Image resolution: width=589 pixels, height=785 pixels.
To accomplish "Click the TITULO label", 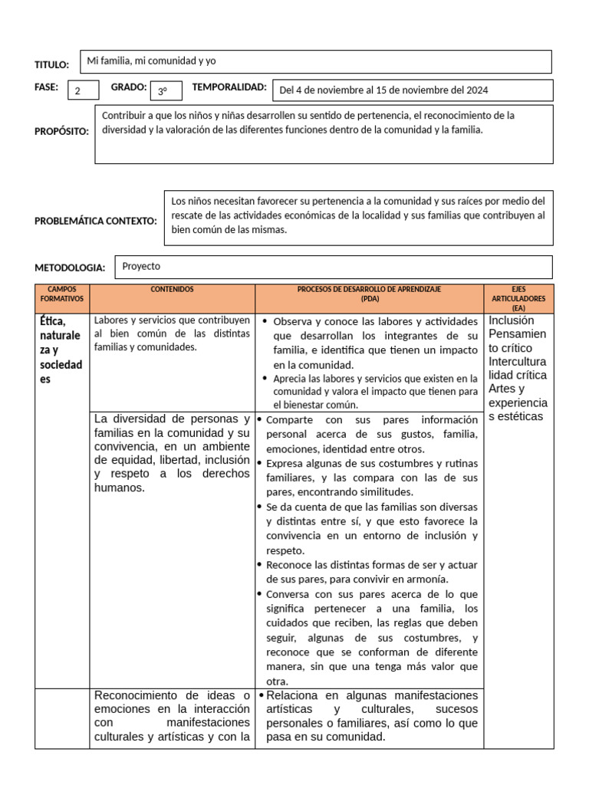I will pyautogui.click(x=51, y=65).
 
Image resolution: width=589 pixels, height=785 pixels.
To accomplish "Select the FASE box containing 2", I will pyautogui.click(x=83, y=91).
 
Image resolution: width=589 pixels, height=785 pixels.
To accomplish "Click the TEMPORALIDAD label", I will pyautogui.click(x=229, y=87).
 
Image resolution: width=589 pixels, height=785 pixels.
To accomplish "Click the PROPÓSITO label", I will pyautogui.click(x=61, y=131).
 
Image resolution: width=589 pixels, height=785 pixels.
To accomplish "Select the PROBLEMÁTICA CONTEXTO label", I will pyautogui.click(x=95, y=221).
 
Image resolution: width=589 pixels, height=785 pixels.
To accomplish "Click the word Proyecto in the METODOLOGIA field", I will pyautogui.click(x=141, y=266).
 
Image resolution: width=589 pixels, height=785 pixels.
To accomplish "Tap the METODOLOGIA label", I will pyautogui.click(x=70, y=268).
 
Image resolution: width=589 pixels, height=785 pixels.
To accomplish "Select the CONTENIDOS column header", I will pyautogui.click(x=172, y=290).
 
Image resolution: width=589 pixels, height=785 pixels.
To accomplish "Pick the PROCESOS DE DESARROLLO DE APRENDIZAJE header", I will pyautogui.click(x=369, y=294).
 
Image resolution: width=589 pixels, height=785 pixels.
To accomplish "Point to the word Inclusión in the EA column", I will pyautogui.click(x=512, y=320).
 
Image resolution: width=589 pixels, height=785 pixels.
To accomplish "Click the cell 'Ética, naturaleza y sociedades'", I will pyautogui.click(x=61, y=350).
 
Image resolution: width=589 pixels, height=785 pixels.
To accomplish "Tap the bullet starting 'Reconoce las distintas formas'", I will pyautogui.click(x=371, y=572).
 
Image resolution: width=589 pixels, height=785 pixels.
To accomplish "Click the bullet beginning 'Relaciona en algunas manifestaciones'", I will pyautogui.click(x=371, y=716).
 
